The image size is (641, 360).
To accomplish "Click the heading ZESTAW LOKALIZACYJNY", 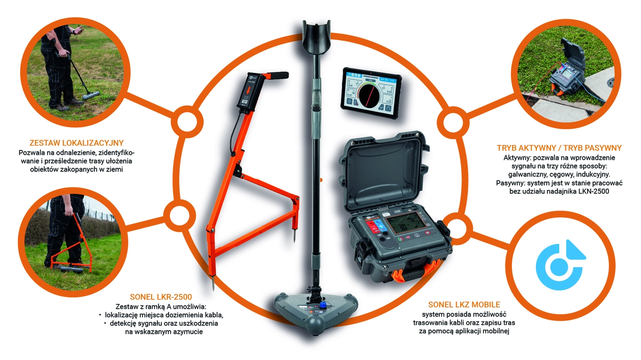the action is pos(77,143).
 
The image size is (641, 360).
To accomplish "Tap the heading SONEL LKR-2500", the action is pos(161,297).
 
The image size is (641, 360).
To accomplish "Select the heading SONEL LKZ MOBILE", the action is pos(464,304).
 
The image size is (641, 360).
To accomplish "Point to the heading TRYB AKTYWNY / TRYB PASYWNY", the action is pos(559,148).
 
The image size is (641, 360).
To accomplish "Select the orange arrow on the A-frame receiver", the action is pos(249,92).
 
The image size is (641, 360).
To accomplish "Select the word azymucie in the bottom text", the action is pos(188,332).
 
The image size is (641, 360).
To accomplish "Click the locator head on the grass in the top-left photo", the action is pos(91,95).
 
